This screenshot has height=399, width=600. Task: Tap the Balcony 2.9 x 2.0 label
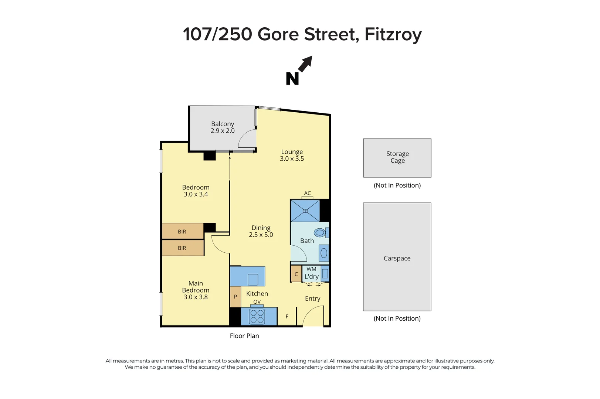click(223, 127)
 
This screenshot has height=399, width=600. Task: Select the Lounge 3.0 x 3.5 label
click(292, 155)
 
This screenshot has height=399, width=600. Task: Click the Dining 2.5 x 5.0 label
click(261, 231)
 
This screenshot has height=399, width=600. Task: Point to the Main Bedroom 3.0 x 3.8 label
click(196, 290)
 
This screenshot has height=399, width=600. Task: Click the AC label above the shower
click(307, 193)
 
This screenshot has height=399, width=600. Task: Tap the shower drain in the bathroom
click(305, 211)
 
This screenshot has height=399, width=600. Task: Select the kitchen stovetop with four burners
click(257, 317)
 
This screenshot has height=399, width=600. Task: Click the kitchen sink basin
click(253, 279)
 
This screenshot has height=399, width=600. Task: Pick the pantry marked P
click(235, 297)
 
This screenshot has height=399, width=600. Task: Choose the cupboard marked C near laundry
click(296, 274)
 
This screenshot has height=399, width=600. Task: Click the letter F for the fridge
click(287, 317)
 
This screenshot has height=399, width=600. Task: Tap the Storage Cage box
click(397, 158)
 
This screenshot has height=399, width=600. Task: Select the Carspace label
click(397, 258)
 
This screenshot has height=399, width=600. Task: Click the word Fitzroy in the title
click(393, 34)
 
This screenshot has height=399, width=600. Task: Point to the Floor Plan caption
click(244, 336)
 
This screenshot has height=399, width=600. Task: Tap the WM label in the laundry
click(311, 269)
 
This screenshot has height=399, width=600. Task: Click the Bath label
click(307, 241)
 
